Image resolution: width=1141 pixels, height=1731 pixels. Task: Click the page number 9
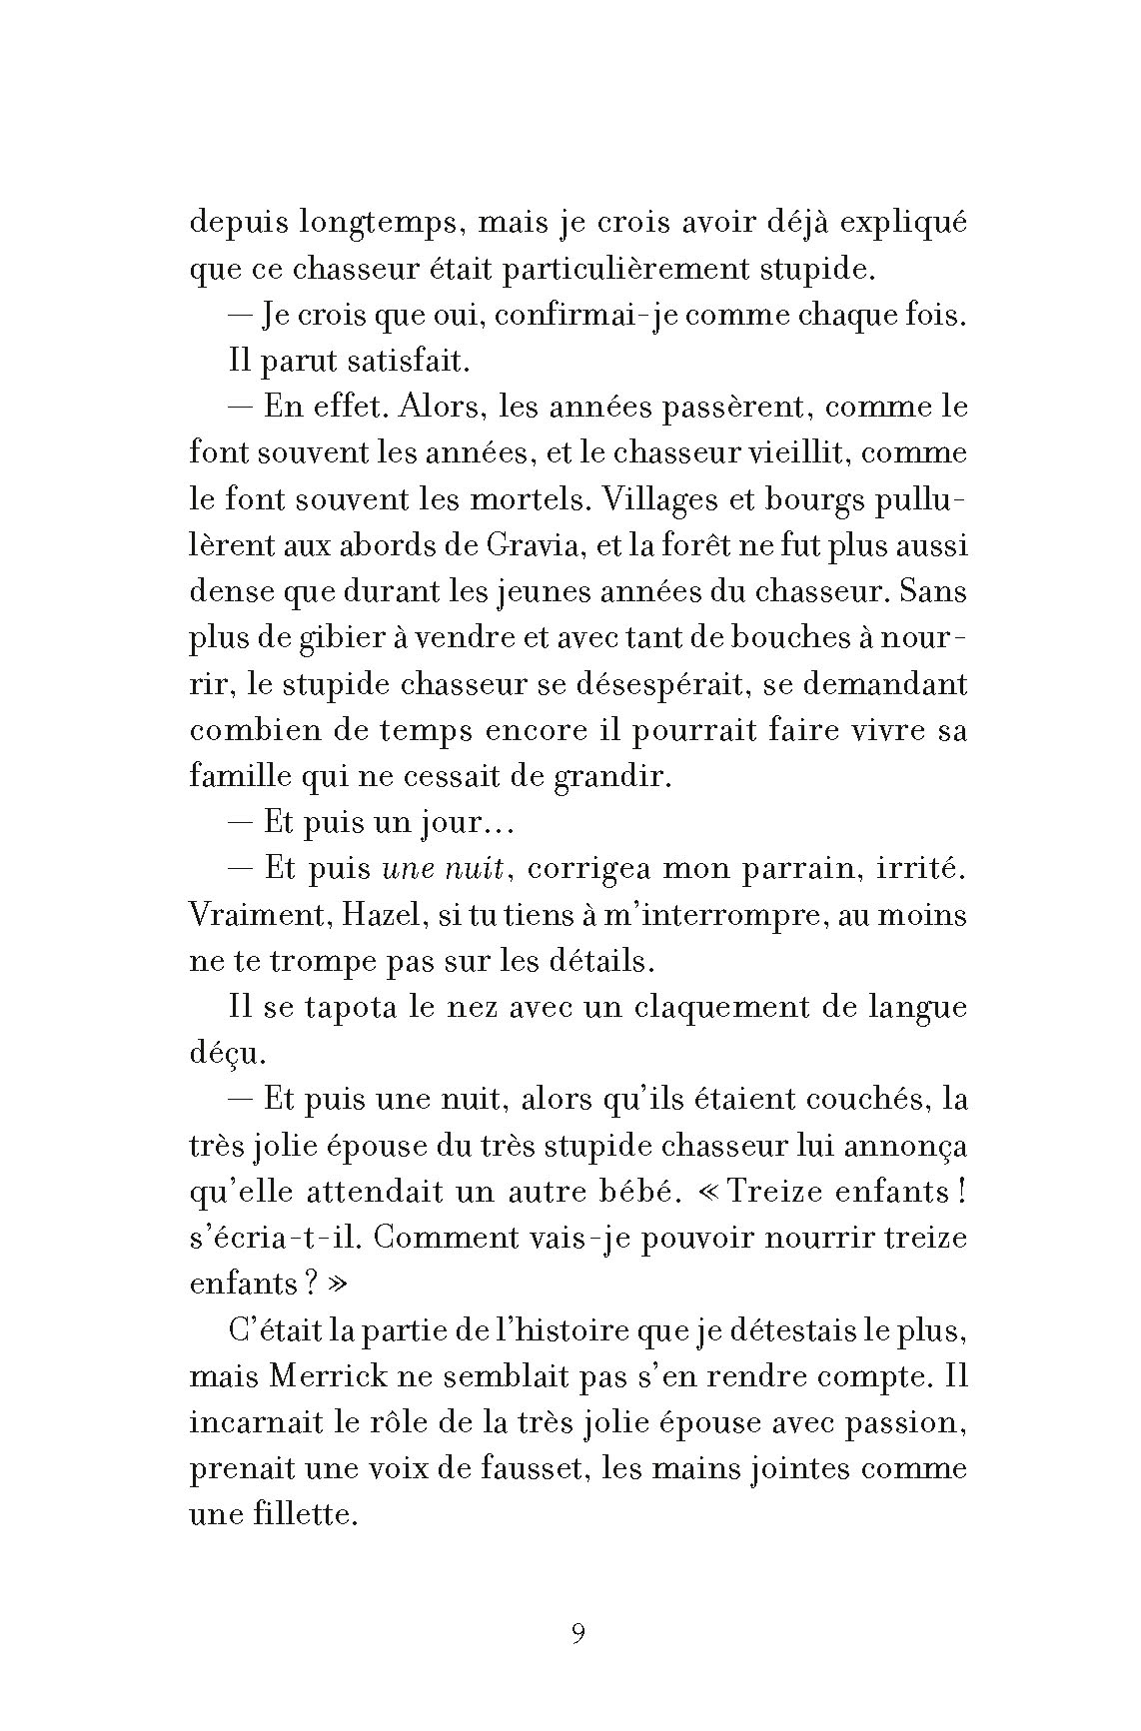coord(578,1634)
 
